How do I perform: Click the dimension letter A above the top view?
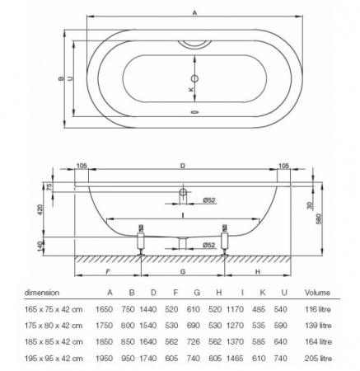coord(194,12)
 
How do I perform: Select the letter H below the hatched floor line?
coord(257,270)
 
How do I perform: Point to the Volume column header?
coord(318,291)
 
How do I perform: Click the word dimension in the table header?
coord(41,291)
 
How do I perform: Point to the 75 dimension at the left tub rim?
coord(50,187)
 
